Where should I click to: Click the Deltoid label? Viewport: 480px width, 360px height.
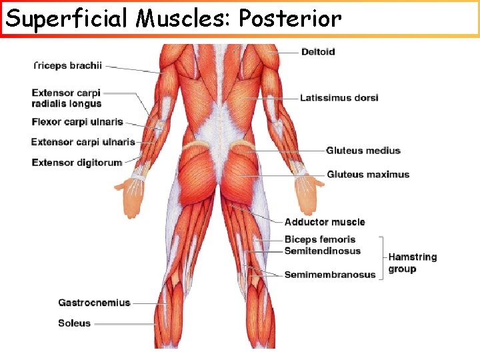[x=318, y=52]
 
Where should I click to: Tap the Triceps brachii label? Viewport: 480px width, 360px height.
[x=67, y=65]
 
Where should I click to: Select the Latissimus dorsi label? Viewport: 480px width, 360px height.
[x=339, y=98]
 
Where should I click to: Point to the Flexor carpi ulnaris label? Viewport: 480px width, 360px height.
[x=77, y=122]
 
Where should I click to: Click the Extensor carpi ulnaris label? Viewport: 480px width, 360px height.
[x=83, y=142]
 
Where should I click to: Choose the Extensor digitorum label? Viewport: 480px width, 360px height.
[x=77, y=162]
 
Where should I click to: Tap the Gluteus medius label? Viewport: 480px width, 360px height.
[x=363, y=151]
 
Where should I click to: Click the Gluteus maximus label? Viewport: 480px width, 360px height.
[x=368, y=175]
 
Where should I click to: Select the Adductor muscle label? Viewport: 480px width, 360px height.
[x=325, y=222]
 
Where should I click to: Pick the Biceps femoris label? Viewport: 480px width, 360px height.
[x=320, y=239]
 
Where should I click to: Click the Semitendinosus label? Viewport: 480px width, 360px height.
[x=322, y=251]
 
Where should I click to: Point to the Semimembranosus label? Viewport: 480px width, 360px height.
[x=330, y=275]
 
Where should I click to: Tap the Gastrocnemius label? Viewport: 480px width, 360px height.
[x=93, y=303]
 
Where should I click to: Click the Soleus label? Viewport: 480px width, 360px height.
[x=74, y=323]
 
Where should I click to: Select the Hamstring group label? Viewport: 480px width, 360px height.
[x=412, y=263]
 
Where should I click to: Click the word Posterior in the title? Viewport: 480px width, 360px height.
[x=289, y=19]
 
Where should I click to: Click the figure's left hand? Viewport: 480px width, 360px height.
[x=131, y=196]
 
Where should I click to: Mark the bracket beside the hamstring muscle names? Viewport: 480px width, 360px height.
[x=381, y=257]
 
